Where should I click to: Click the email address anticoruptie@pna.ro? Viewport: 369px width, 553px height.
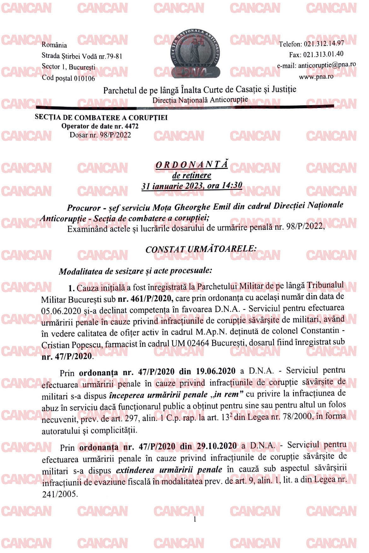(327, 65)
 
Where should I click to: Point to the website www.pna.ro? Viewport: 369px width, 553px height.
(316, 77)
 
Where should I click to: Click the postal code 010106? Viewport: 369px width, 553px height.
(84, 78)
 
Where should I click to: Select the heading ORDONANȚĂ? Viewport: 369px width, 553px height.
(191, 164)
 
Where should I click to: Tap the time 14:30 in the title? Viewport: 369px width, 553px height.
(232, 185)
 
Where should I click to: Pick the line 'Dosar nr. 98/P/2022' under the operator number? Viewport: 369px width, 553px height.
(100, 135)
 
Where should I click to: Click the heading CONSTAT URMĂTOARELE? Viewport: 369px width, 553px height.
(201, 249)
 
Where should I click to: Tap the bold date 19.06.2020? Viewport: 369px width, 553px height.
(216, 371)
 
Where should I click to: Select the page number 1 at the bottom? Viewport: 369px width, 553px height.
(195, 519)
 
